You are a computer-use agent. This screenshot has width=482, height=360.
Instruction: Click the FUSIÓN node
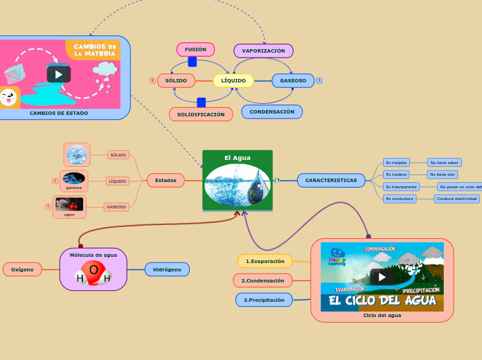[195, 50]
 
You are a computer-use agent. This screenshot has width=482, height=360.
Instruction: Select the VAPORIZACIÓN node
[263, 51]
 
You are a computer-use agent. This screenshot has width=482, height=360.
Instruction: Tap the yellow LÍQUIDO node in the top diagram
[233, 81]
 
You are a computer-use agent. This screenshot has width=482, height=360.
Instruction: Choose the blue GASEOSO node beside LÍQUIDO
[293, 81]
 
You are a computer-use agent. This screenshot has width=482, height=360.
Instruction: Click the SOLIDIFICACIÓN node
[201, 114]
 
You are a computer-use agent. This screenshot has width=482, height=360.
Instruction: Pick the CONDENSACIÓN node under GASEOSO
[271, 112]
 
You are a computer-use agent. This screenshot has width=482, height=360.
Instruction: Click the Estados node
[166, 181]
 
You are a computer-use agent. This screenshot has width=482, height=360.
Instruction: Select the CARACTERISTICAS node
[331, 181]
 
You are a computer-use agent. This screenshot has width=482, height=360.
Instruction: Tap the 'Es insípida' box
[397, 163]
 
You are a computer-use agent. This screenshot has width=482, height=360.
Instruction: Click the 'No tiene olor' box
[443, 174]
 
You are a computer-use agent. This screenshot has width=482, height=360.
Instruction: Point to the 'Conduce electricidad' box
[456, 199]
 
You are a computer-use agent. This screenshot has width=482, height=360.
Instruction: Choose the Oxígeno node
[22, 269]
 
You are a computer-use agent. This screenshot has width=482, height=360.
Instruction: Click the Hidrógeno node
[167, 269]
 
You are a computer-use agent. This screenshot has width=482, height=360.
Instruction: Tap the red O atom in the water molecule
[93, 269]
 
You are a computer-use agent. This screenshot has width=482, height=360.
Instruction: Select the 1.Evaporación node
[265, 261]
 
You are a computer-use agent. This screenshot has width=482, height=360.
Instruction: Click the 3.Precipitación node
[264, 300]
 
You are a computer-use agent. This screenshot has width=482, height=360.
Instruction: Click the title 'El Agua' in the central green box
[238, 158]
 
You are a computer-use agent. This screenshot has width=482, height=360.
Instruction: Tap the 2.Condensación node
[262, 280]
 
